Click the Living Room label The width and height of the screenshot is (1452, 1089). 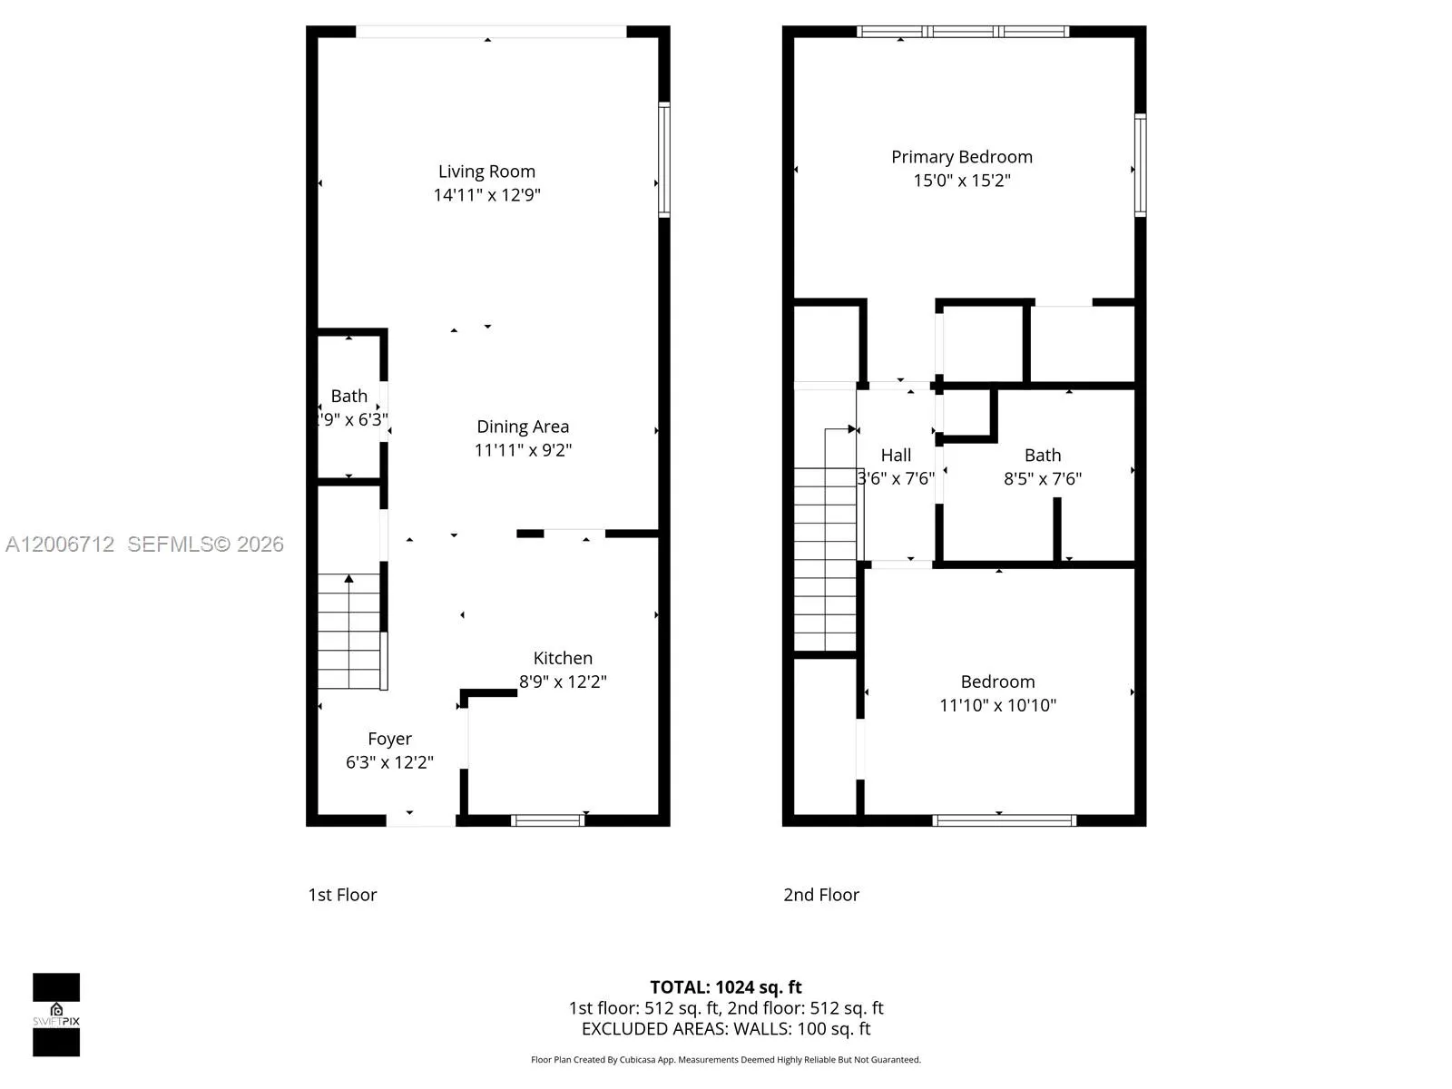486,172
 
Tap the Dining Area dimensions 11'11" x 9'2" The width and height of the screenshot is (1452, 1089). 523,450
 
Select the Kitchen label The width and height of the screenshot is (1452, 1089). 563,658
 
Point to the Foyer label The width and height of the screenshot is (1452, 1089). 389,739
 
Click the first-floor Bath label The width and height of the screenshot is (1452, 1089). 349,396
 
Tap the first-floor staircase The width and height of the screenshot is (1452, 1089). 349,632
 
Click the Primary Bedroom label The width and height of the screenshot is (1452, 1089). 961,157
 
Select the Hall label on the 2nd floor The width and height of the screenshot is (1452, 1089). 896,456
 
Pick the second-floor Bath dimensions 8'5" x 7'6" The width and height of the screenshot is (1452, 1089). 1042,479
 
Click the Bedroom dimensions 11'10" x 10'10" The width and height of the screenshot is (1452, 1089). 997,705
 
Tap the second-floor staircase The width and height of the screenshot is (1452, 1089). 825,558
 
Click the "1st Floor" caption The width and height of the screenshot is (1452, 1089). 342,895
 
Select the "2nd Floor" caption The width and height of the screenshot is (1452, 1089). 821,895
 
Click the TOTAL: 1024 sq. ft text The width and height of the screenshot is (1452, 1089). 726,987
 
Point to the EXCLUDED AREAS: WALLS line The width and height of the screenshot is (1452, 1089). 726,1029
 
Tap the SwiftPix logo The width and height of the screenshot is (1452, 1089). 56,1015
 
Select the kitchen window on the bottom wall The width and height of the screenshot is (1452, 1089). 547,820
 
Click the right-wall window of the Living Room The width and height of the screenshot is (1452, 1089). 664,160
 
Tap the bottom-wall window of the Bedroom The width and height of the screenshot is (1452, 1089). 1005,820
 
